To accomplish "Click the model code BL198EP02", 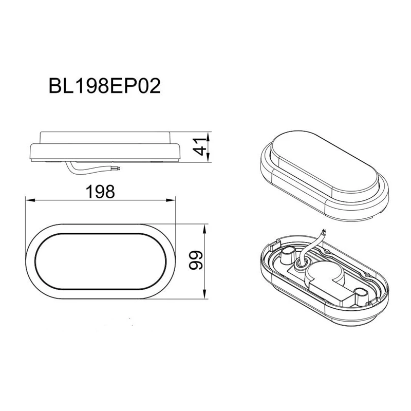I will [105, 85].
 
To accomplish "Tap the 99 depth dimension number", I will [195, 261].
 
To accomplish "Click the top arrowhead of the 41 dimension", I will [207, 135].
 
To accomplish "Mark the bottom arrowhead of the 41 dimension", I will [207, 160].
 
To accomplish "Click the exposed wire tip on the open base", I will [323, 232].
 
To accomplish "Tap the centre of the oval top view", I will [101, 261].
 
